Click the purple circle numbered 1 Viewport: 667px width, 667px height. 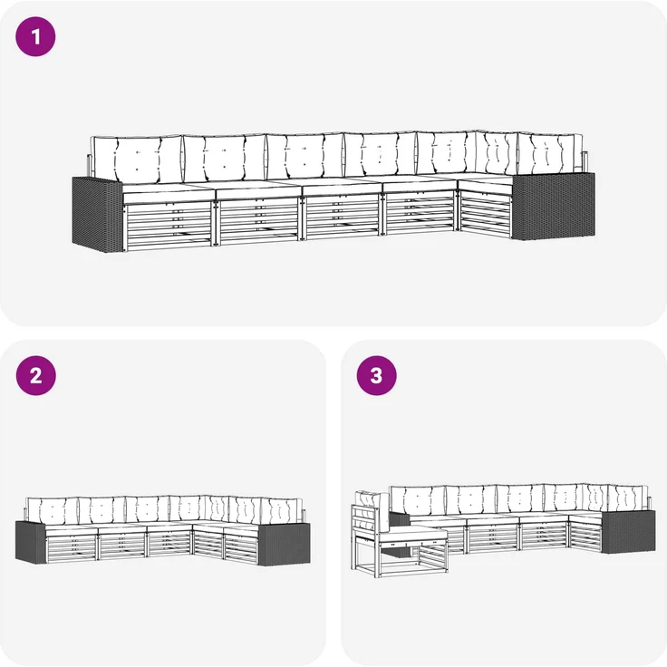[x=35, y=36]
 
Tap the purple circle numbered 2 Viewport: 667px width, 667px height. [x=35, y=375]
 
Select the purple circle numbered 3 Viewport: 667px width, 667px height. [x=376, y=375]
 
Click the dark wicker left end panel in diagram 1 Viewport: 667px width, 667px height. [x=97, y=214]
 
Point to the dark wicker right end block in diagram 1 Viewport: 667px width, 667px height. [x=553, y=206]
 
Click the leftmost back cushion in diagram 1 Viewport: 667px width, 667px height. [x=138, y=159]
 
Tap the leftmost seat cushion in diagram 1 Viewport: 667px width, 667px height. [x=169, y=194]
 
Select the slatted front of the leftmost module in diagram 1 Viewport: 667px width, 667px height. [x=169, y=226]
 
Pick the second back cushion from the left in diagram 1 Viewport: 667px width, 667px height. [x=224, y=158]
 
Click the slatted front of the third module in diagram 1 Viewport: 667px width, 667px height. [x=342, y=217]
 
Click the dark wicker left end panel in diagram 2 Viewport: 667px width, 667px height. [x=31, y=542]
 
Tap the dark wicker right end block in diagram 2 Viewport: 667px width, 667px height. [x=285, y=545]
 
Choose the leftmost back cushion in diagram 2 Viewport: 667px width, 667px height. [x=53, y=512]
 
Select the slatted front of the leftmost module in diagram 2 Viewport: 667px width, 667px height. [x=72, y=548]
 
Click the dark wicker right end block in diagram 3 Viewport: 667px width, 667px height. [x=628, y=533]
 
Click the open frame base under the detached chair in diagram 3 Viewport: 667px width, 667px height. [x=399, y=558]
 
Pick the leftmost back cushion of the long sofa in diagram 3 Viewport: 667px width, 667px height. [x=418, y=502]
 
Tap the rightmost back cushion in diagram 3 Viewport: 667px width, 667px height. [x=628, y=498]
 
